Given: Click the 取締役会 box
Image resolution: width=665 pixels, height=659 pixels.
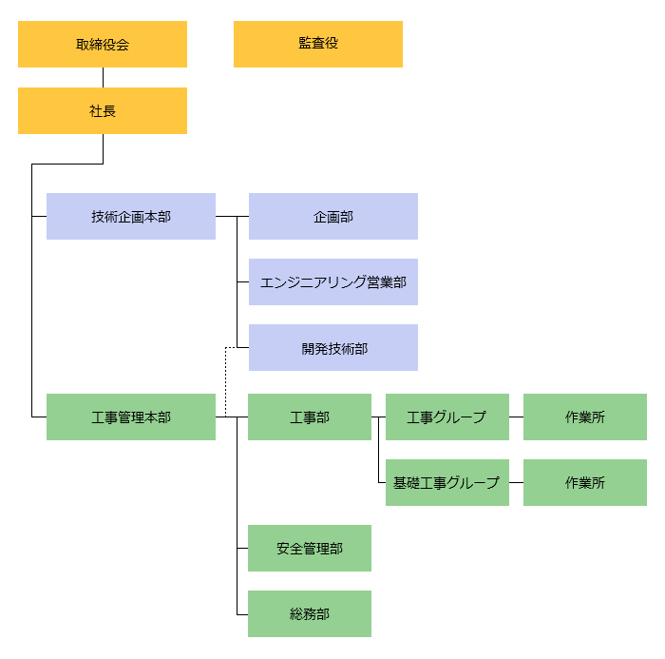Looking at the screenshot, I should tap(103, 45).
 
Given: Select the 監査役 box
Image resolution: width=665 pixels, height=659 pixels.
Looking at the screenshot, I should tap(318, 44).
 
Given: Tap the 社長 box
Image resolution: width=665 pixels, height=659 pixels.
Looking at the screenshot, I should tap(103, 111).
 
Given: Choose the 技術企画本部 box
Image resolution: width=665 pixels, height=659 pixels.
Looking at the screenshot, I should tap(131, 217).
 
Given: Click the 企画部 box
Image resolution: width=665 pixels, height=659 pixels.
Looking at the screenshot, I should tap(333, 217).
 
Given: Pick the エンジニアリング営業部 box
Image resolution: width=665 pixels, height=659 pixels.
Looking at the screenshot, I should tap(333, 282).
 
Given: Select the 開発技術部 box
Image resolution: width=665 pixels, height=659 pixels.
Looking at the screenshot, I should tap(333, 348).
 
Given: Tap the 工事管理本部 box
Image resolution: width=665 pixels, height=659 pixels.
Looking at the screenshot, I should tap(131, 417).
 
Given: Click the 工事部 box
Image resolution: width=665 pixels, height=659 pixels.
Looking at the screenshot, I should tap(310, 417).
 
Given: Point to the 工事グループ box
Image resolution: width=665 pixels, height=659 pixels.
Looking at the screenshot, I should tap(446, 417).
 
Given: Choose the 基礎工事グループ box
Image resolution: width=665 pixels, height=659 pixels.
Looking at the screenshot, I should tap(446, 483).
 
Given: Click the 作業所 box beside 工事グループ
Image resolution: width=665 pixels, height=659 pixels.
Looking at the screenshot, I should tap(585, 417).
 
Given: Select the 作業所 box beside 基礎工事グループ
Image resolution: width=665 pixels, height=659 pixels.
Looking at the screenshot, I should tap(585, 483).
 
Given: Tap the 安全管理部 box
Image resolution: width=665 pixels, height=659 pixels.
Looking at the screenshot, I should tap(310, 549).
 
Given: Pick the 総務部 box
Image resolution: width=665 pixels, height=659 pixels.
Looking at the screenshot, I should tap(310, 614).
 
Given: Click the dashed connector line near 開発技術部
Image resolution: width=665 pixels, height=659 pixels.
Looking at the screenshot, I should tap(226, 380).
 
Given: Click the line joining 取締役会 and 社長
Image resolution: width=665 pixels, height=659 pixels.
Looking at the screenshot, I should tap(103, 78).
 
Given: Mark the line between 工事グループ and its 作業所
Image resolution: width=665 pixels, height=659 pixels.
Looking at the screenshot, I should tap(516, 417).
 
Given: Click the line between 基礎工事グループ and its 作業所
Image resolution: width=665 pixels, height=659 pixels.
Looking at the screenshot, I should tap(516, 483).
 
